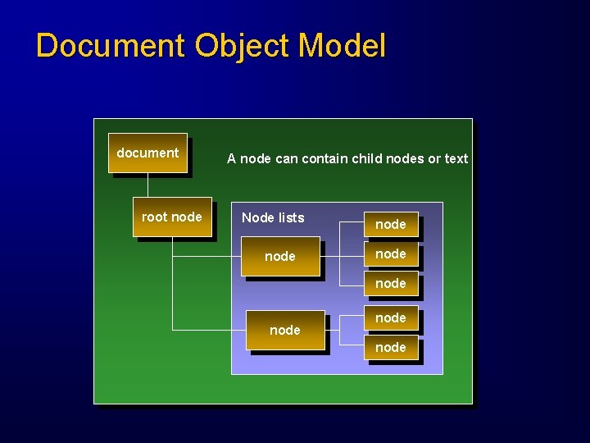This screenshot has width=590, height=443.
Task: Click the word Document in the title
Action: pyautogui.click(x=111, y=46)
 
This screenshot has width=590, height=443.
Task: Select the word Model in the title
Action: pyautogui.click(x=342, y=46)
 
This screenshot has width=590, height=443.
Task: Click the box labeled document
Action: pyautogui.click(x=147, y=153)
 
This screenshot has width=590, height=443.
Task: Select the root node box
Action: pyautogui.click(x=171, y=217)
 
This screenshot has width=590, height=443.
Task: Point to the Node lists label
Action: pyautogui.click(x=273, y=217)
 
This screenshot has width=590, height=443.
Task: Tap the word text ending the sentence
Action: pyautogui.click(x=456, y=158)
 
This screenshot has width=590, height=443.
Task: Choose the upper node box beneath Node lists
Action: pyautogui.click(x=280, y=257)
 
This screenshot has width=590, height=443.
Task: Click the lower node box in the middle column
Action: pyautogui.click(x=285, y=330)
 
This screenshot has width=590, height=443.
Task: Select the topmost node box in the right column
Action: pyautogui.click(x=390, y=224)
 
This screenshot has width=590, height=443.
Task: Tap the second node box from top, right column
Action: pyautogui.click(x=390, y=254)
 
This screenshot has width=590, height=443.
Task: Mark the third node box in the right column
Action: pyautogui.click(x=390, y=284)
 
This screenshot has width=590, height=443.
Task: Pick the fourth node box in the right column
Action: pyautogui.click(x=390, y=317)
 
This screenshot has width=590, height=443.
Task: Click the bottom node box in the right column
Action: pyautogui.click(x=390, y=348)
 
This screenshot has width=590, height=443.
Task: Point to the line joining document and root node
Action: pyautogui.click(x=147, y=185)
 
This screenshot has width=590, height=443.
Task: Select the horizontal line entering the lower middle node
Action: pyautogui.click(x=210, y=330)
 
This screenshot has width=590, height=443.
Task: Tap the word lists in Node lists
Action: pyautogui.click(x=291, y=217)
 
